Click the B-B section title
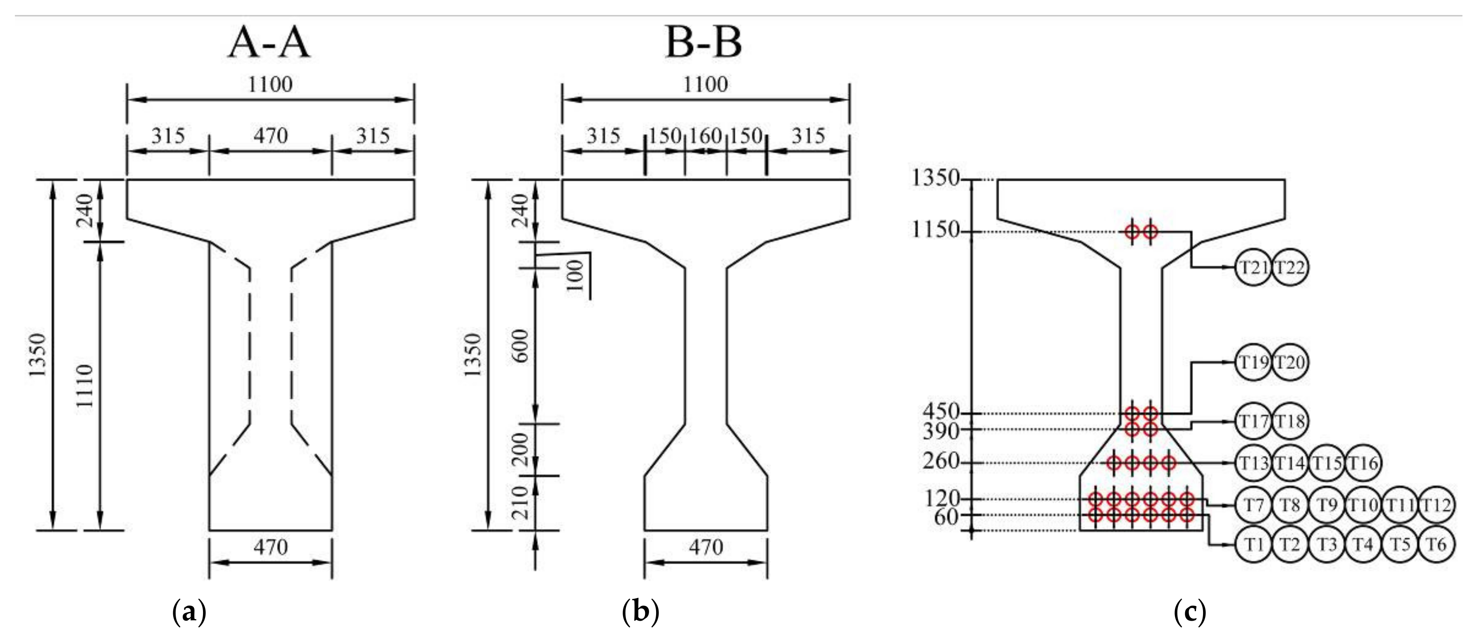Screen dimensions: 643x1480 pos(703,43)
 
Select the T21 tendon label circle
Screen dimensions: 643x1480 pos(1253,268)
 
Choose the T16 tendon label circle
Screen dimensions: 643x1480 pos(1363,462)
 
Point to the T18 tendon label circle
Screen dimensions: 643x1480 pos(1290,421)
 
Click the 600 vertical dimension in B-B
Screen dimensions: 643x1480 pos(520,346)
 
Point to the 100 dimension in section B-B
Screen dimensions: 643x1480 pos(575,275)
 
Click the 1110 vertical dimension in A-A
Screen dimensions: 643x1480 pos(85,386)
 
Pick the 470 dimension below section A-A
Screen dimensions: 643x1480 pos(270,547)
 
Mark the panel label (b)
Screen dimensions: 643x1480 pos(640,612)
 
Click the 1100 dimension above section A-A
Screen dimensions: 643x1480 pos(270,85)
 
